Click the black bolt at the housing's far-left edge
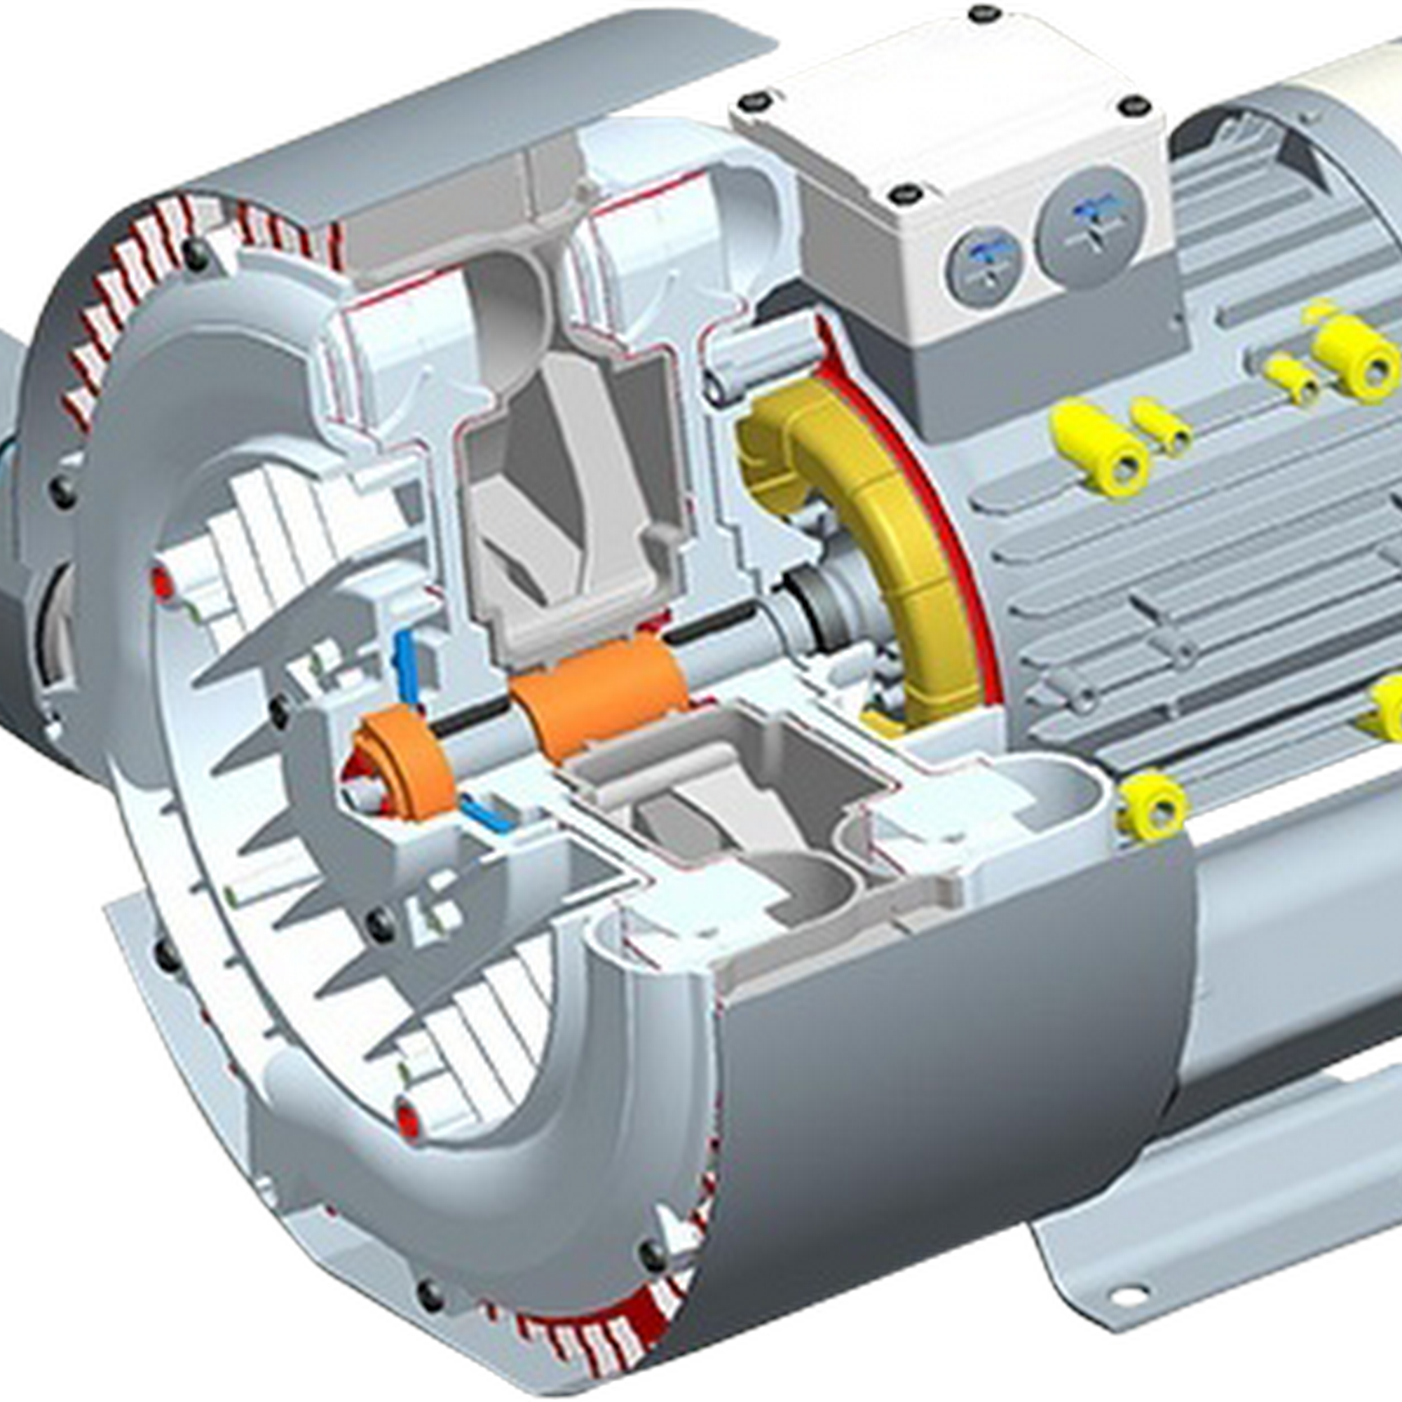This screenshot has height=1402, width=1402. tap(64, 494)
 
